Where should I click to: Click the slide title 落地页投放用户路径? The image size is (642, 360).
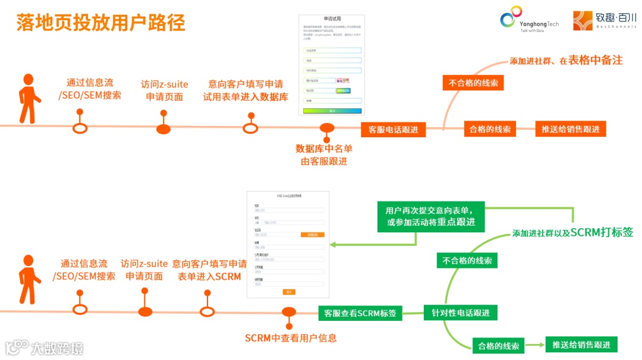(101, 23)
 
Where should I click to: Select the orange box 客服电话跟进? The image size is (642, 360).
(393, 130)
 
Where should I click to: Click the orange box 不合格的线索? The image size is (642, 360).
(473, 83)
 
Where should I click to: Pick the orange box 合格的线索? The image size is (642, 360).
(490, 129)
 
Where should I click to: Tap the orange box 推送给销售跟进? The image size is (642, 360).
(570, 129)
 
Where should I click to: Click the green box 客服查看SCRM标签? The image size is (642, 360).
(360, 313)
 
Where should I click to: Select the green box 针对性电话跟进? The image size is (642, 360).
(461, 313)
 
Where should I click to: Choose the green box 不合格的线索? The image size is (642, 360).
(467, 260)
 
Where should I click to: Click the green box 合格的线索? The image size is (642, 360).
(498, 346)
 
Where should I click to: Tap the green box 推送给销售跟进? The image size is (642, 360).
(581, 345)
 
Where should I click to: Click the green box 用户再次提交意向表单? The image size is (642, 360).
(431, 216)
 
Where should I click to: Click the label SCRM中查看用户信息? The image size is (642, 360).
(291, 338)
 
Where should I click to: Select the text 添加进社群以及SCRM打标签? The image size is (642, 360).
(572, 233)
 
